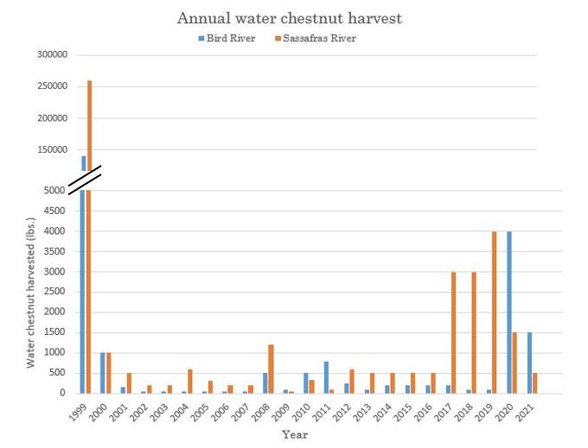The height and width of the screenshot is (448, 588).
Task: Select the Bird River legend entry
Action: tap(227, 38)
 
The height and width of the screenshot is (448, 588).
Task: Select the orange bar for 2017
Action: tap(454, 332)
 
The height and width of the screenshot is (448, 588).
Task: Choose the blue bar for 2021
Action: tap(529, 363)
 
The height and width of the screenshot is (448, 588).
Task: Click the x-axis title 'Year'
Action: tap(295, 435)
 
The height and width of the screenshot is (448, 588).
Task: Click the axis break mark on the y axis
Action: tap(85, 180)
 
